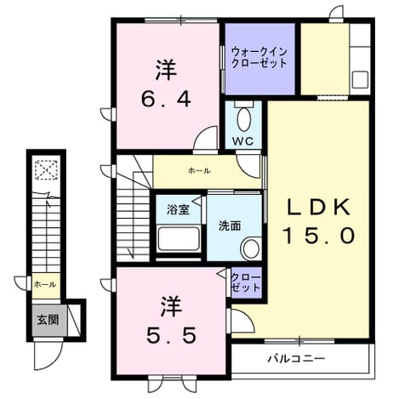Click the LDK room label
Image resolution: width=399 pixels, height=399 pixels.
(x=319, y=207)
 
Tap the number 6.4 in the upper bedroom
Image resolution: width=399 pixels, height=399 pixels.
(x=166, y=100)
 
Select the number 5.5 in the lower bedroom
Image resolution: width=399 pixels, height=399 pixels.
(x=171, y=335)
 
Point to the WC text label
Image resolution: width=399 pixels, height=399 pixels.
(x=242, y=141)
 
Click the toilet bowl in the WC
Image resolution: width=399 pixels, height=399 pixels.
(x=243, y=119)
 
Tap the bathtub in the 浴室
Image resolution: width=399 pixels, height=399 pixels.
(x=179, y=239)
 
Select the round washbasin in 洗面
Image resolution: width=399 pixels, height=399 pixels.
(x=251, y=248)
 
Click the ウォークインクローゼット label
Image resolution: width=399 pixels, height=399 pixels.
(x=259, y=58)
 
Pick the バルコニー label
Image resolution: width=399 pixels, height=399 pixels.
(x=296, y=359)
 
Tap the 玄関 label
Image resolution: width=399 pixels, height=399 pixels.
(x=48, y=320)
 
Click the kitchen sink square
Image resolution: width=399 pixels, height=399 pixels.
(x=360, y=80)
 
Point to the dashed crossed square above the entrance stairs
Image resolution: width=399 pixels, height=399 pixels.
(x=46, y=169)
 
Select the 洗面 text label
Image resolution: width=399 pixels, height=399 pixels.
(x=230, y=226)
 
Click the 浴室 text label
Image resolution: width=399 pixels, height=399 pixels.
(x=178, y=210)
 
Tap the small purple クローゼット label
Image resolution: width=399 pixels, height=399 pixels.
(x=246, y=282)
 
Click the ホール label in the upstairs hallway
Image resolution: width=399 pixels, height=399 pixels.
(x=199, y=171)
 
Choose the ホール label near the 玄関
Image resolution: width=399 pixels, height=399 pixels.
(x=45, y=284)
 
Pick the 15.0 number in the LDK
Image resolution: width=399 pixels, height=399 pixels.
(x=319, y=237)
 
